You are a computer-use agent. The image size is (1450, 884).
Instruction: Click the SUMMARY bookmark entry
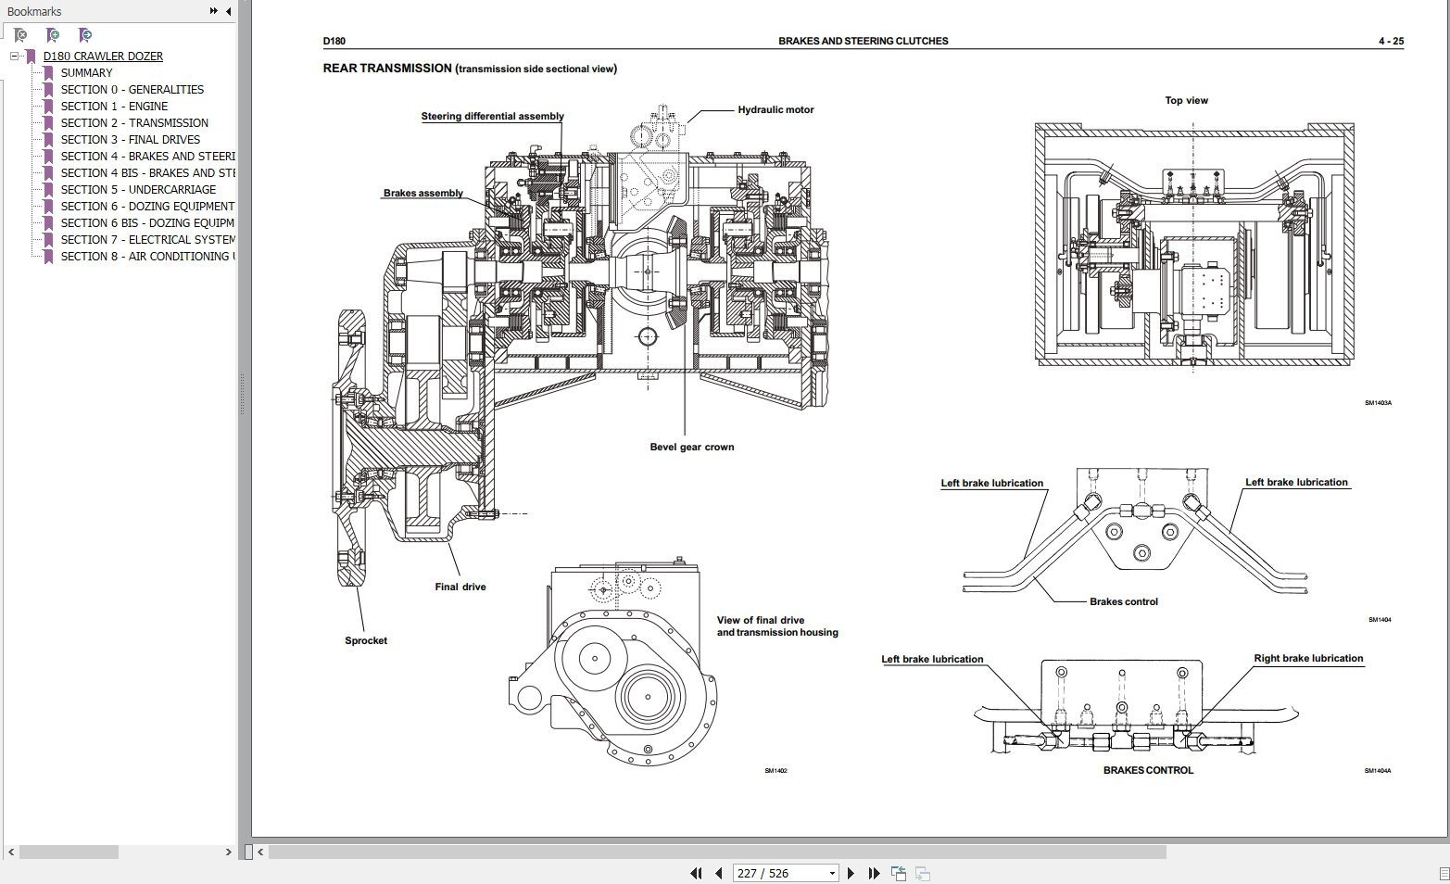[86, 72]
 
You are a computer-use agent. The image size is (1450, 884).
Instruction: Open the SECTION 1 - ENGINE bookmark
[114, 106]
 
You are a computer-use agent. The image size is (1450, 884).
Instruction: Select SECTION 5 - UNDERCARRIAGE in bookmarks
[138, 189]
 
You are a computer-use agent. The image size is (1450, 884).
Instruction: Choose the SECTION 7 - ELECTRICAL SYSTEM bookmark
[147, 239]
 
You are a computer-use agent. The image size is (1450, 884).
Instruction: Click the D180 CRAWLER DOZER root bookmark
[103, 56]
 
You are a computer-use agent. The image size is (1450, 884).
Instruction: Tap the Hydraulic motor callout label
[775, 109]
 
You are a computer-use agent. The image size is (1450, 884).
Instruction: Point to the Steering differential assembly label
[492, 117]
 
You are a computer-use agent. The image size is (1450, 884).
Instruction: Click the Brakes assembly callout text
[422, 194]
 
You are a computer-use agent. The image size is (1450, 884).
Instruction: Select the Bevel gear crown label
[691, 447]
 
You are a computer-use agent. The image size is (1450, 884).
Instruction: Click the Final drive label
[460, 587]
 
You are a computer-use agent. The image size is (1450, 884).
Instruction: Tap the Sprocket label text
[365, 640]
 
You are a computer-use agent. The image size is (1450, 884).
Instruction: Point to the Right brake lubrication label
[1308, 659]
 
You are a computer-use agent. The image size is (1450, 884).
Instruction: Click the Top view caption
[1186, 100]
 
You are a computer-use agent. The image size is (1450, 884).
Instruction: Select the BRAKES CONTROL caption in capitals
[1148, 770]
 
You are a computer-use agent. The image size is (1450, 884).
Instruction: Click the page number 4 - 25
[1391, 41]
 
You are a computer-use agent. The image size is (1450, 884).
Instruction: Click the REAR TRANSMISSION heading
[386, 68]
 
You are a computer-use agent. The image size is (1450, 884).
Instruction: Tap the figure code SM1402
[775, 771]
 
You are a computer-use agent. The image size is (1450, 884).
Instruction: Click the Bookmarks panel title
[34, 11]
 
